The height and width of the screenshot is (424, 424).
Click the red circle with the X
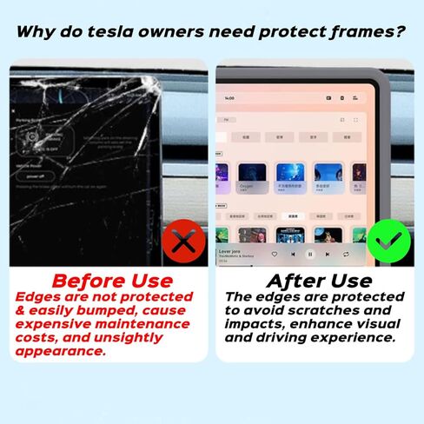(183, 241)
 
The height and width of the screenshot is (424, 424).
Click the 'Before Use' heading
(112, 281)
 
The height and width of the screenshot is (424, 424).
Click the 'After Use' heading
(319, 281)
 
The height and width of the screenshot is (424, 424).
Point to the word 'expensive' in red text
(52, 324)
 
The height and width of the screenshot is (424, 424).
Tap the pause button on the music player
(310, 255)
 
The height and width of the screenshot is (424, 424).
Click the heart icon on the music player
(275, 255)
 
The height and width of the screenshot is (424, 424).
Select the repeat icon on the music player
(346, 255)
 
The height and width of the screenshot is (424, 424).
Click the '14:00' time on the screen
(231, 99)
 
